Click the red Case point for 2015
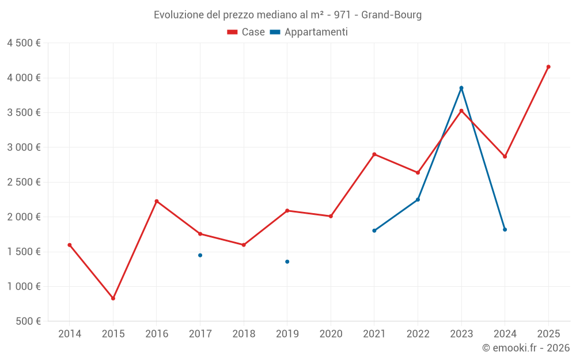(x=113, y=298)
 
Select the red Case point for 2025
(x=548, y=67)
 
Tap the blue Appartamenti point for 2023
(x=461, y=88)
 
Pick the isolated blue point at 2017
(x=200, y=255)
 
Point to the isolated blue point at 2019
(x=287, y=262)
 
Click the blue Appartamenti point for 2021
(x=374, y=230)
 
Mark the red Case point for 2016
(x=157, y=201)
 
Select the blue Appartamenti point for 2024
(x=505, y=230)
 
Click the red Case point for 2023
(x=461, y=111)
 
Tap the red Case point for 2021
(x=374, y=154)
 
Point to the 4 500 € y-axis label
(x=24, y=43)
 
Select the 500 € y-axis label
(x=28, y=321)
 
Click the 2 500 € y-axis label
(x=24, y=182)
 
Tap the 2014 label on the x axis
(x=70, y=334)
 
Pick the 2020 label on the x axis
(x=331, y=334)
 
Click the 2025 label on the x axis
(x=548, y=334)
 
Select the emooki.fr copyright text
(x=526, y=348)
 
